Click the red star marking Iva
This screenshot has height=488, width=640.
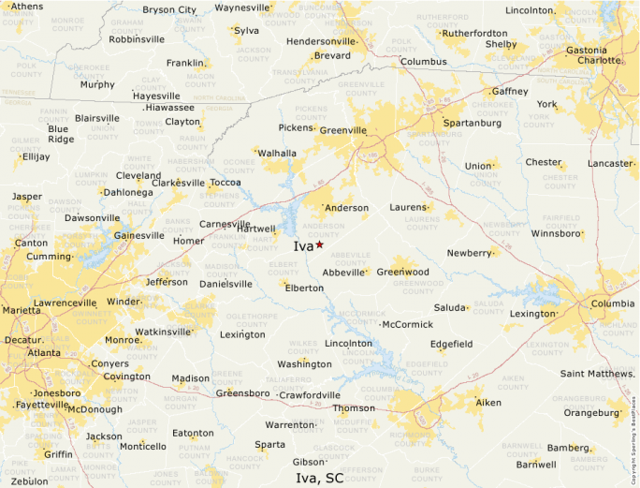(319, 244)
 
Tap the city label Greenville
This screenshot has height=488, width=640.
(343, 130)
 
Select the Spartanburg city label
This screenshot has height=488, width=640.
(472, 123)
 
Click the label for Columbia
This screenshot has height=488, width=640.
(612, 303)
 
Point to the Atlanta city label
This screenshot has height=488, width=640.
(44, 353)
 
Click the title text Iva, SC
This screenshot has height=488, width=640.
(320, 478)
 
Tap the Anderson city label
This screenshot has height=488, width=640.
(346, 208)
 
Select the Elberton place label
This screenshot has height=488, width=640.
(304, 288)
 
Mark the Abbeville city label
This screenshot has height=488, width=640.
(344, 273)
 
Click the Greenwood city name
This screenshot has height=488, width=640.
(403, 272)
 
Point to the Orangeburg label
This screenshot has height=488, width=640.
(591, 412)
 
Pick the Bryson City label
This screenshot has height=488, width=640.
(169, 10)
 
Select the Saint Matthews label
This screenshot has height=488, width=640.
(598, 374)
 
